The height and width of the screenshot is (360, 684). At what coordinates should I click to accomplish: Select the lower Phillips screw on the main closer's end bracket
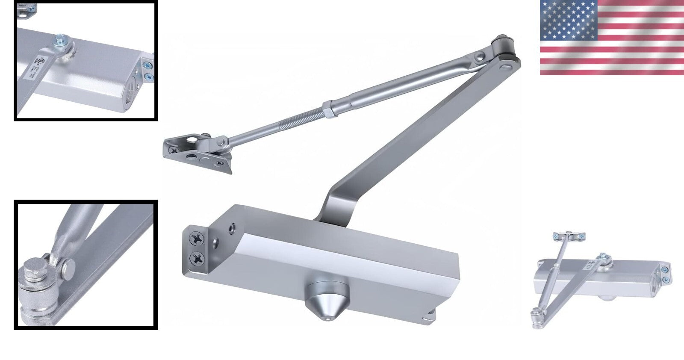click(198, 258)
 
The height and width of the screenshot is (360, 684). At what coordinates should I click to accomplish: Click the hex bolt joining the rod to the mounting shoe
click(222, 141)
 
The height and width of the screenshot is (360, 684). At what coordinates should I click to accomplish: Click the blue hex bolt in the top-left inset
click(58, 40)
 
